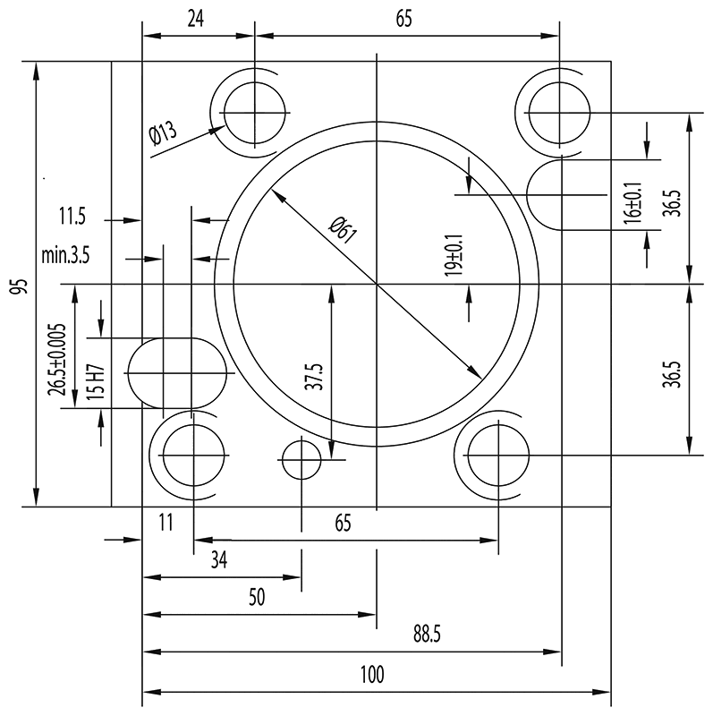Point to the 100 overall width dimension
[x=373, y=675]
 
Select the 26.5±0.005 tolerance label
[x=59, y=358]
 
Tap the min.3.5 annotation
[x=65, y=256]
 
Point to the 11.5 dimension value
[x=72, y=217]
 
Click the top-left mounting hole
[x=257, y=114]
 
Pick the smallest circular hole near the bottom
[x=301, y=462]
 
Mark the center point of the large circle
[x=378, y=285]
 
